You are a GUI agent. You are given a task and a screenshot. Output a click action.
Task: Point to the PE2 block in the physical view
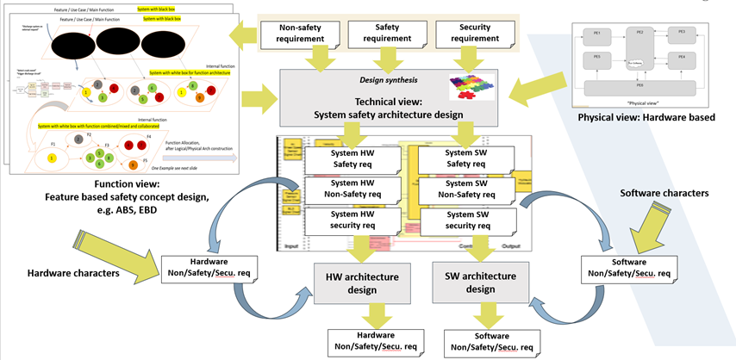(639, 32)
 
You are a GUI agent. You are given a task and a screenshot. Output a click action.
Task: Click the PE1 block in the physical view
(596, 32)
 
